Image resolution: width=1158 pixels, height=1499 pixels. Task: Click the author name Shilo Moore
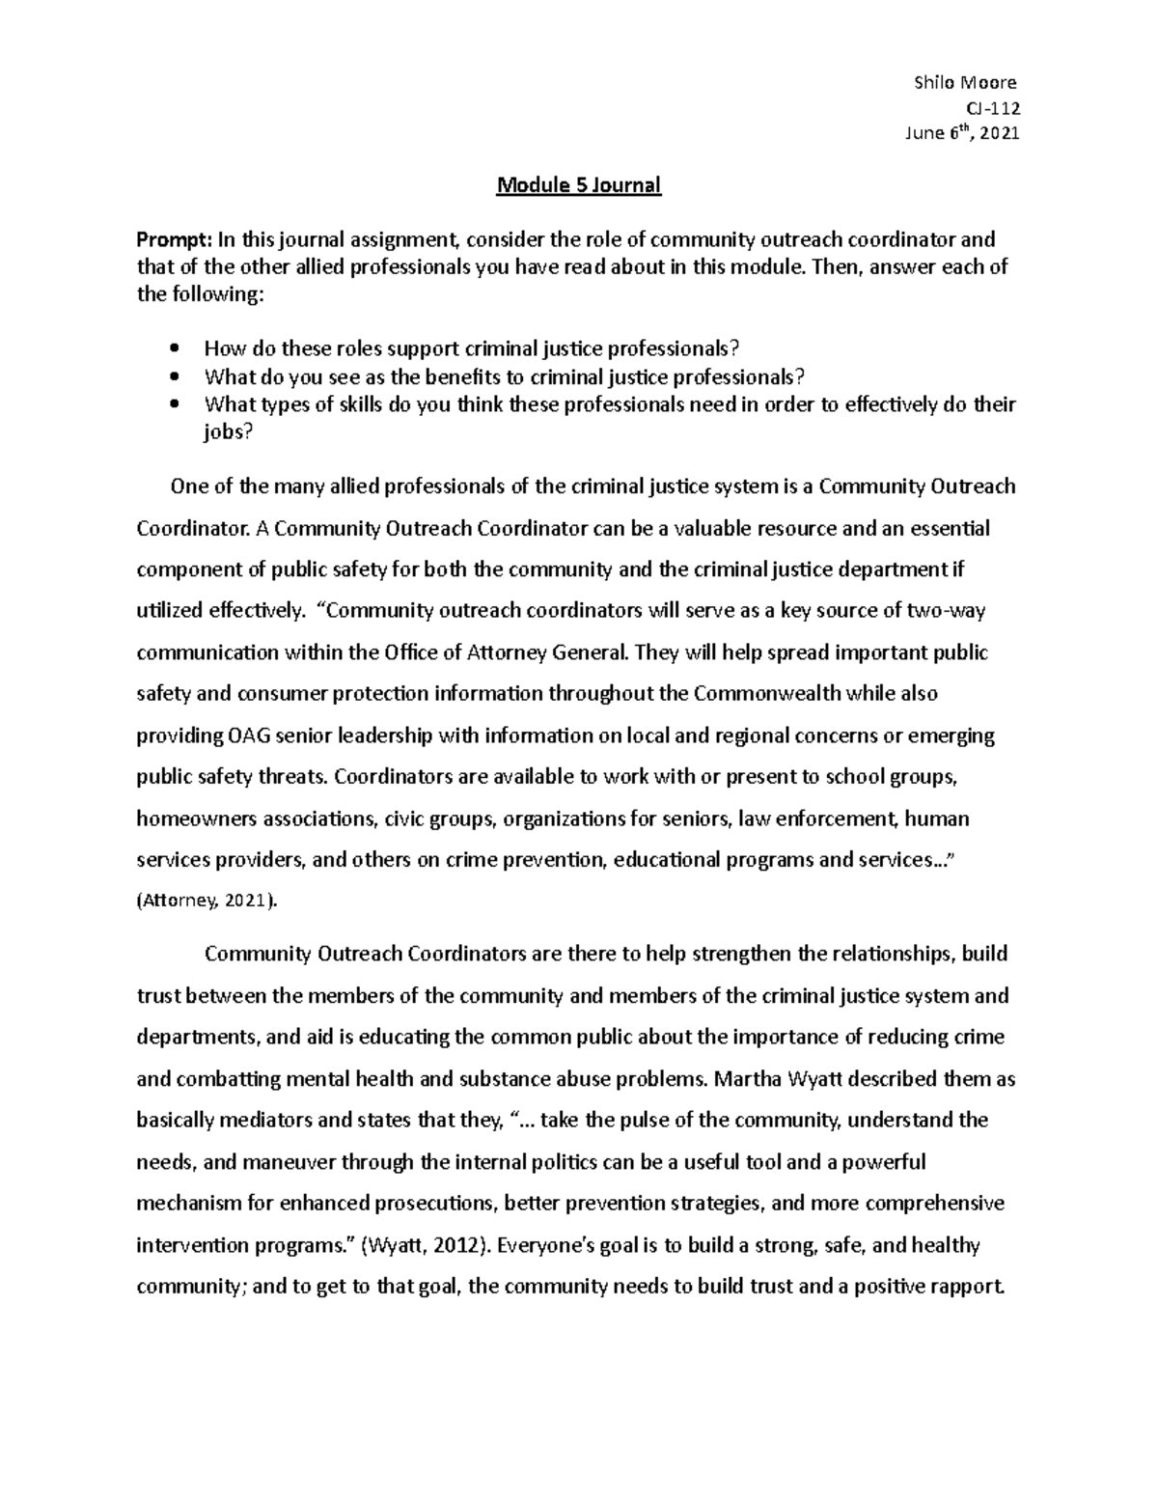[x=964, y=83]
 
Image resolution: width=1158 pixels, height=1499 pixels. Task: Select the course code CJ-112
[x=993, y=108]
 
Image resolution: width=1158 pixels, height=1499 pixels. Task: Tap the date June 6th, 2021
[x=961, y=134]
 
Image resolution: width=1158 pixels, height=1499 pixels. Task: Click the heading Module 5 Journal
[x=578, y=185]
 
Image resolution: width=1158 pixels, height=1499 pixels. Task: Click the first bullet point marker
[x=174, y=349]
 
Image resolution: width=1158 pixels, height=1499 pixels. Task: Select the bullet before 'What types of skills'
[x=174, y=405]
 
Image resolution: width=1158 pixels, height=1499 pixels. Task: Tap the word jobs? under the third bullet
[x=228, y=432]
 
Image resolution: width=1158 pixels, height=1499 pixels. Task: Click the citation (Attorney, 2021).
[x=207, y=902]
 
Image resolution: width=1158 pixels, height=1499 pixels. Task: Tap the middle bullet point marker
[x=174, y=377]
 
